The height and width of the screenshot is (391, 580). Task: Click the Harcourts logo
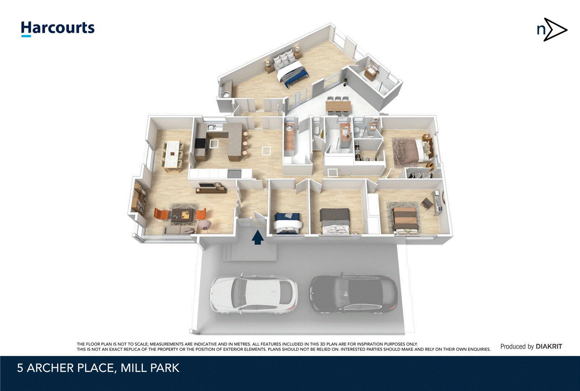tap(58, 28)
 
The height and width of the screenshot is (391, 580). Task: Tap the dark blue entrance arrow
tap(258, 238)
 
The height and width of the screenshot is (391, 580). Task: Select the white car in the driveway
tap(254, 295)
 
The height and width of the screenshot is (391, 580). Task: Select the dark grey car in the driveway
tap(353, 294)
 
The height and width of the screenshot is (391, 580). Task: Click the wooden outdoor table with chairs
tap(338, 106)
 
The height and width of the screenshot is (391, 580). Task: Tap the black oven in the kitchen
tap(200, 144)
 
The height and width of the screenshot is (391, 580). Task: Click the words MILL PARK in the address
tap(150, 368)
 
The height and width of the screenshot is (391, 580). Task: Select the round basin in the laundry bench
tap(289, 127)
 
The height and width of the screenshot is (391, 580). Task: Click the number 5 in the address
tap(20, 368)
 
